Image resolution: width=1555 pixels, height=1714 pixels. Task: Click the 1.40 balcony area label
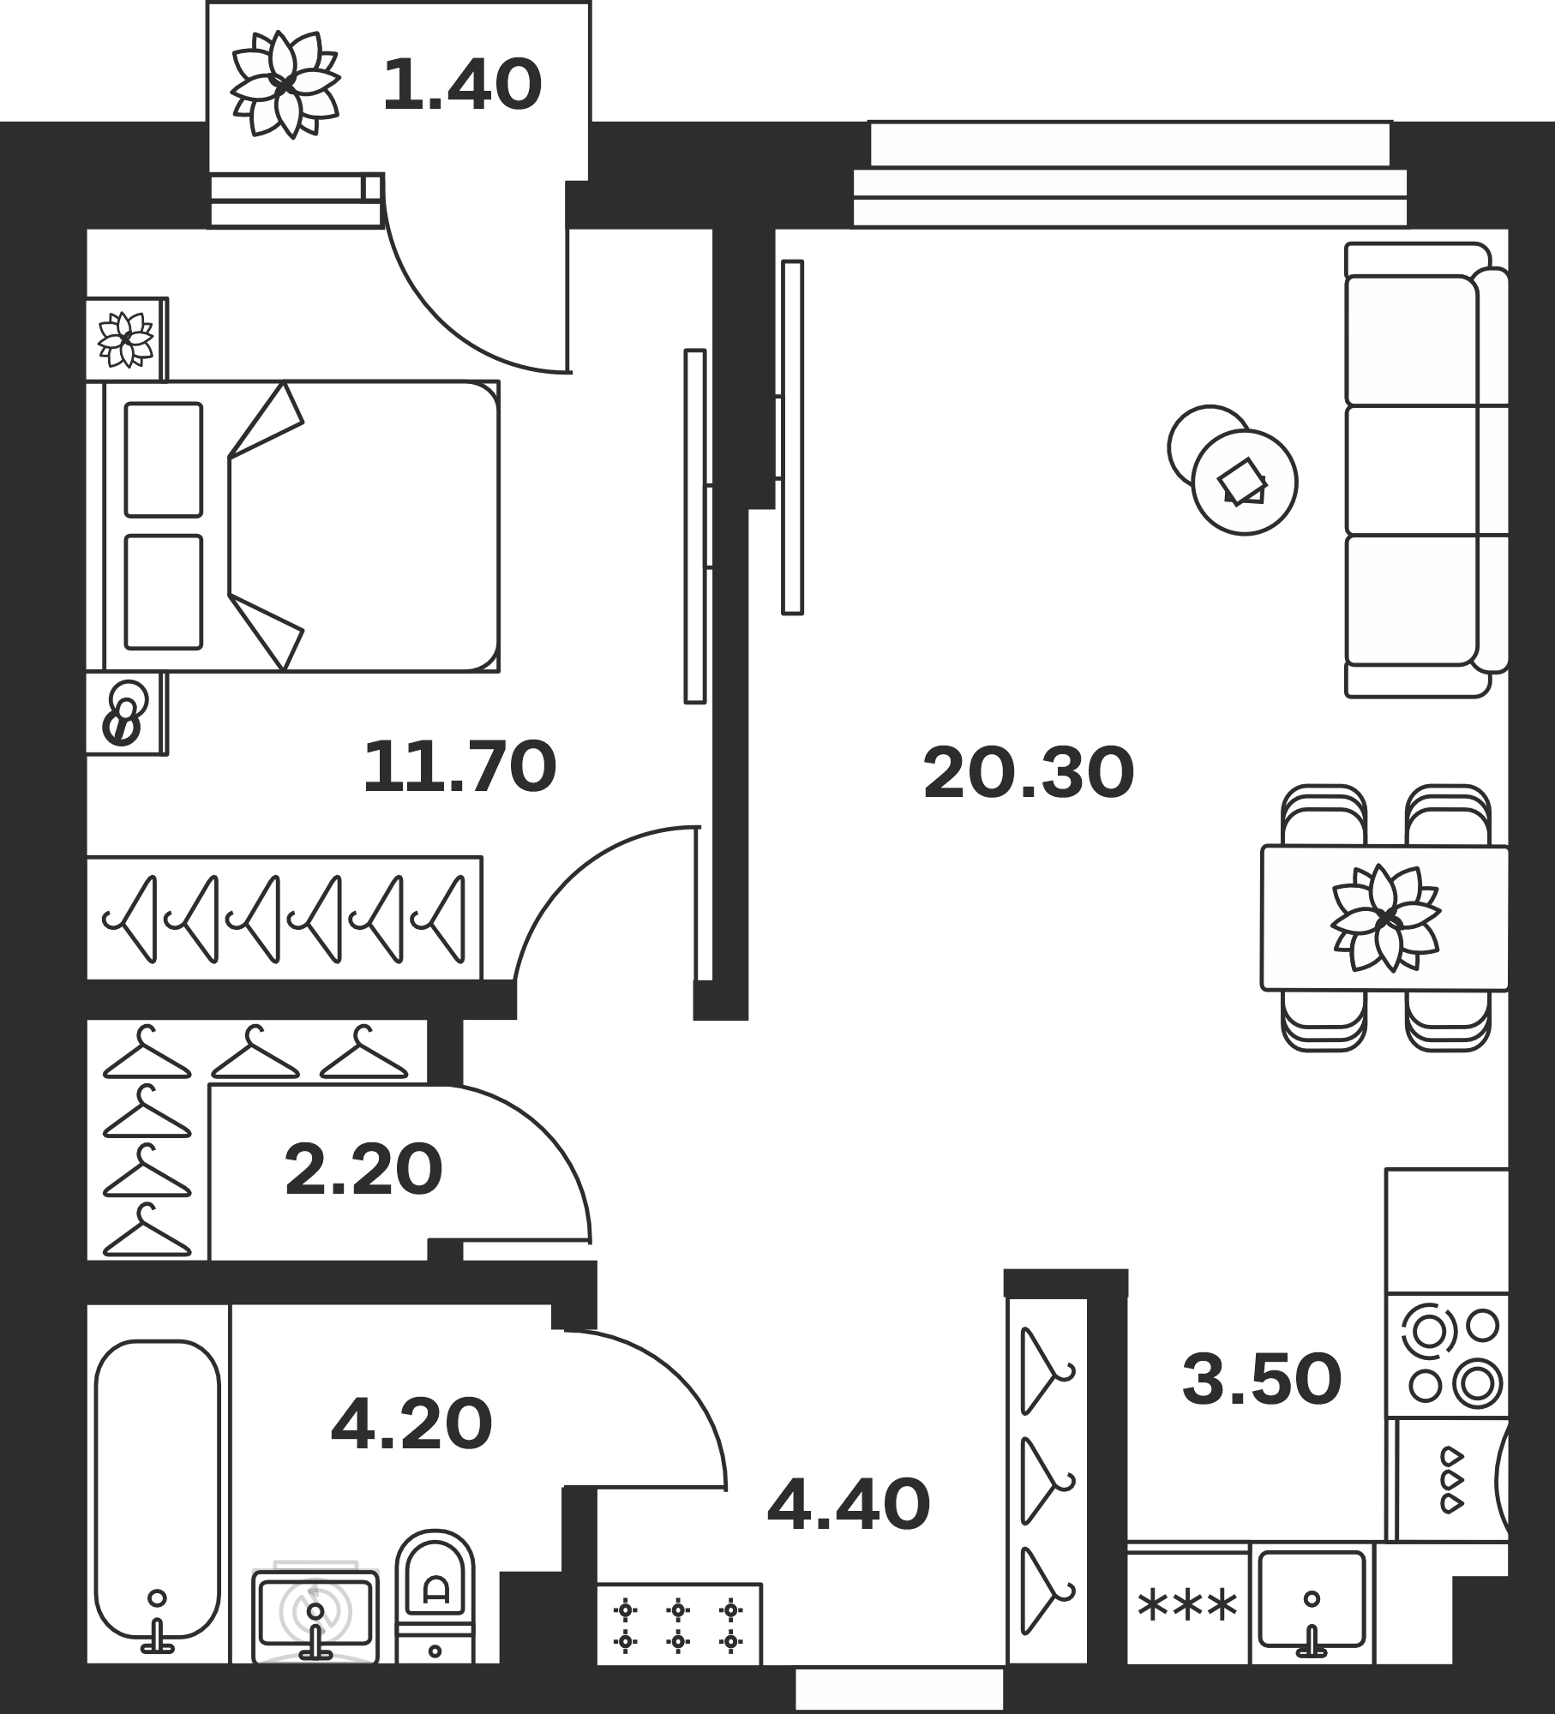(462, 85)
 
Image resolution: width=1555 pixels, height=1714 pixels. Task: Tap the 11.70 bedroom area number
(460, 767)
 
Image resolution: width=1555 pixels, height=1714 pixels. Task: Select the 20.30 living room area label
(1029, 773)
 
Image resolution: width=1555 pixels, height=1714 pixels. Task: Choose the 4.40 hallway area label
(849, 1504)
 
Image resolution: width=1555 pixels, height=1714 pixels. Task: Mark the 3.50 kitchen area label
(1262, 1379)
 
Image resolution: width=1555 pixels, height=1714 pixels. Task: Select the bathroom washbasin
(315, 1615)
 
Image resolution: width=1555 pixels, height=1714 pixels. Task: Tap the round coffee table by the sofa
(1245, 482)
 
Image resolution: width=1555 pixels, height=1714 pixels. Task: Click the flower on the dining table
(1385, 918)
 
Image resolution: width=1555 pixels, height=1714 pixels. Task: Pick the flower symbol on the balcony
(286, 84)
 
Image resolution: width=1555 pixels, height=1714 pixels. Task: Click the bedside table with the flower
(127, 339)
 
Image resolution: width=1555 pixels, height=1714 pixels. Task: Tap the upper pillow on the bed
(164, 460)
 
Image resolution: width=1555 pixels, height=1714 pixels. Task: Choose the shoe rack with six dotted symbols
(679, 1623)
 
